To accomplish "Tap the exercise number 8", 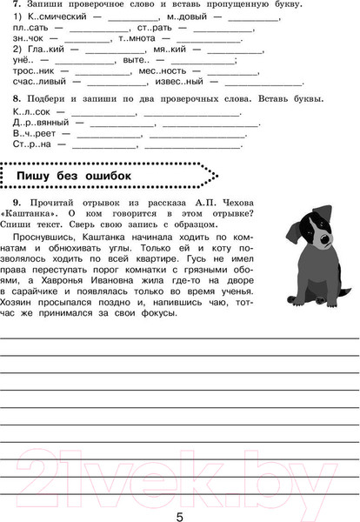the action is pos(17,98).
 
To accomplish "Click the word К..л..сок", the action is pos(32,111).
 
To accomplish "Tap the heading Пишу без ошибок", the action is pos(74,176).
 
